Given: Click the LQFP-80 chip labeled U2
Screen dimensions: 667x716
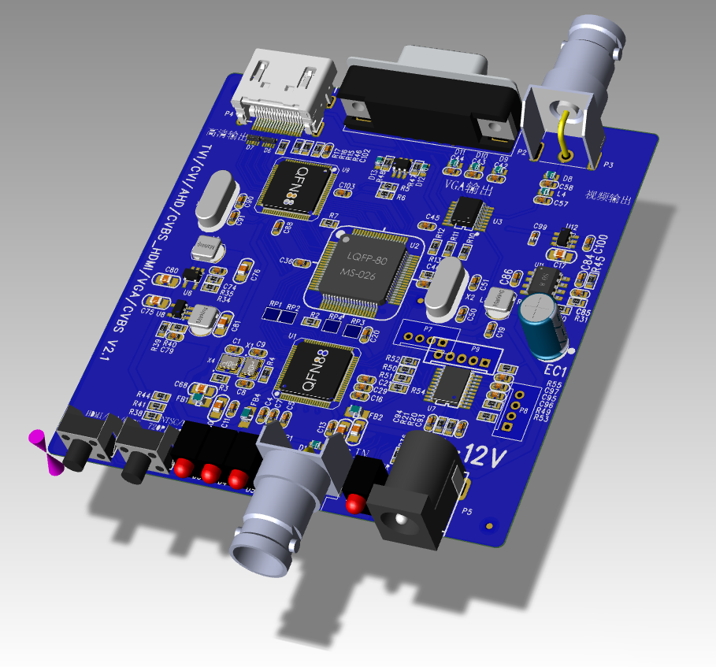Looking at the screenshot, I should (364, 272).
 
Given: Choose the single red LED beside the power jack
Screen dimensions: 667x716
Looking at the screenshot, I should (356, 502).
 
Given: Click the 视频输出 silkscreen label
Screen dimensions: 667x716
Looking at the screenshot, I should (608, 198).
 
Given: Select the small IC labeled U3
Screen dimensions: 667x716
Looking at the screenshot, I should (469, 211).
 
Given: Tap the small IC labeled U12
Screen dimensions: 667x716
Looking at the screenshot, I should (563, 238).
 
